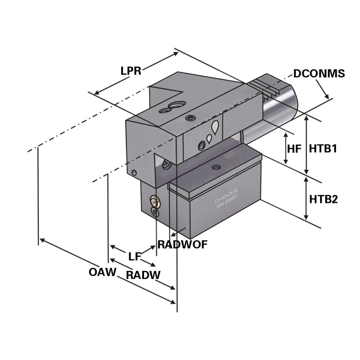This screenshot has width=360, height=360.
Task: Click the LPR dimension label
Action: point(131,71)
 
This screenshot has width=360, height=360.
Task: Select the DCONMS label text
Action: point(319,73)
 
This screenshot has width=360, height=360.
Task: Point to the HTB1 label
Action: point(323,148)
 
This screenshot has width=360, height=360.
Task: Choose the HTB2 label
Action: point(323,199)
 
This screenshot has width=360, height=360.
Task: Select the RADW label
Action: point(143,275)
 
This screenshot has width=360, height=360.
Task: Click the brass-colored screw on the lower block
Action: point(155,202)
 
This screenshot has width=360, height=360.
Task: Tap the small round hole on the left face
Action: point(134,172)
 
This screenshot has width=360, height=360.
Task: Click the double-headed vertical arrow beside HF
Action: point(285,148)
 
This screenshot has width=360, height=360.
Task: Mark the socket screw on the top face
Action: point(191,118)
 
